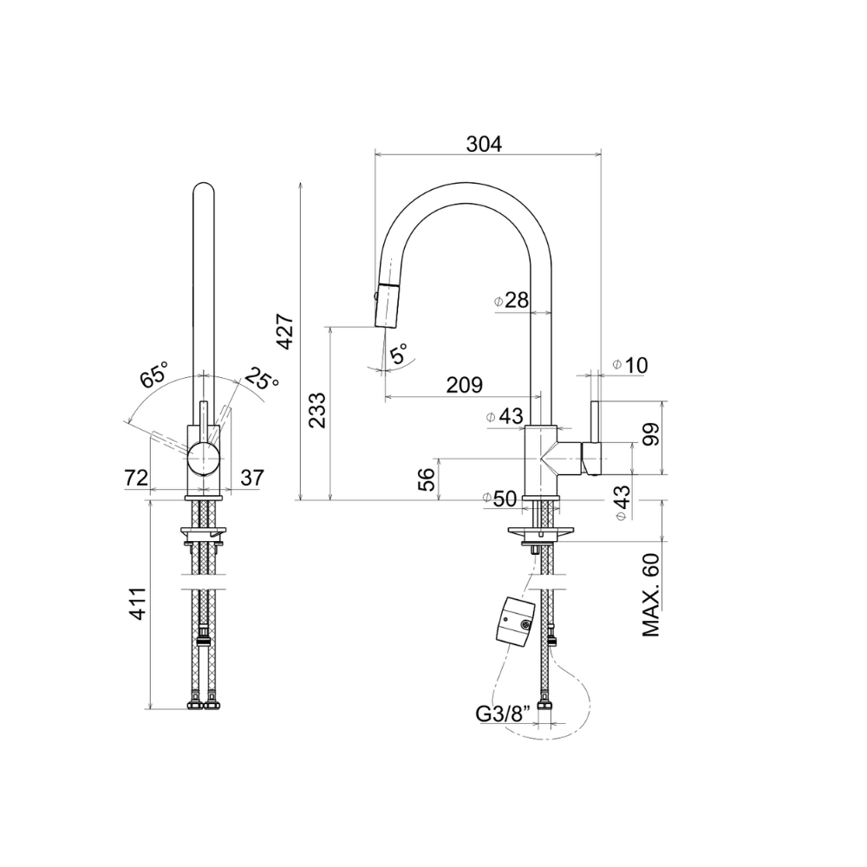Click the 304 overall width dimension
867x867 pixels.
click(484, 144)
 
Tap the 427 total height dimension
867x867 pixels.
click(285, 331)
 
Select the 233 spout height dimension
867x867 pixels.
click(316, 410)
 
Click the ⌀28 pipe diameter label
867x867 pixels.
click(512, 300)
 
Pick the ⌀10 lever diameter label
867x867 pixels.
click(630, 365)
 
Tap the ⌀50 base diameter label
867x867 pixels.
click(499, 499)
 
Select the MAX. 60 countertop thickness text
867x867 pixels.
click(651, 595)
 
